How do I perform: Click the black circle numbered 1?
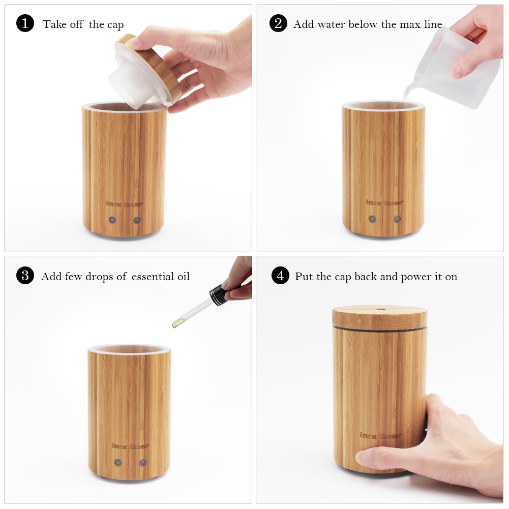[25, 23]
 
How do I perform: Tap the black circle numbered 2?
[278, 23]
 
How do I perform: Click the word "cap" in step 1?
[115, 25]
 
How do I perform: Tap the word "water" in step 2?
[331, 24]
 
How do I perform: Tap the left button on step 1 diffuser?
[112, 220]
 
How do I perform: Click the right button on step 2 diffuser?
[397, 219]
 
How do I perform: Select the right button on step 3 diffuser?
[143, 462]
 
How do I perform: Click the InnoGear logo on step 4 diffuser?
[381, 435]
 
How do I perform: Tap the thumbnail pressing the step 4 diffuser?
[364, 457]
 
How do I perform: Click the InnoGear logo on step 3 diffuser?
[130, 446]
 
